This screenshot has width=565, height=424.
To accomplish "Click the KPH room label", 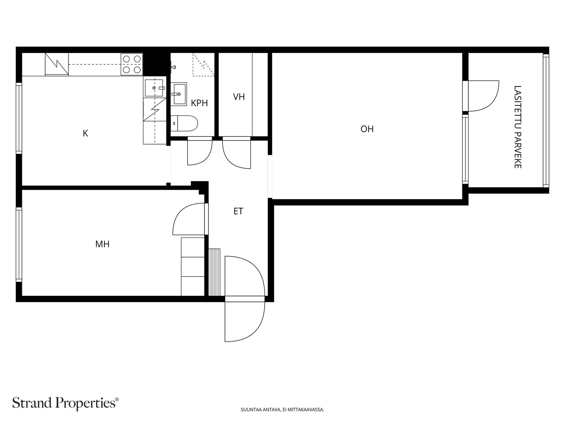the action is [x=199, y=103].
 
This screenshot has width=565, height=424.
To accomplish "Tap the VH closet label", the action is [x=239, y=97].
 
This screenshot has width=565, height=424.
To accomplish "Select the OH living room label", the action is [x=367, y=129].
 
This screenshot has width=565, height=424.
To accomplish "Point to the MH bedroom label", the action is [x=102, y=244].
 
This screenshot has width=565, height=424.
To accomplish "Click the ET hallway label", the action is [x=238, y=211].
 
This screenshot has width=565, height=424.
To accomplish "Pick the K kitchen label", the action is [x=85, y=133].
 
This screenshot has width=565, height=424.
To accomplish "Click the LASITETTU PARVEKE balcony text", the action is [x=517, y=127].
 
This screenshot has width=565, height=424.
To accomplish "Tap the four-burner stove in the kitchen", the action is [x=132, y=64].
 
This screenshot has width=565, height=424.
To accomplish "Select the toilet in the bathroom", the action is [x=184, y=123].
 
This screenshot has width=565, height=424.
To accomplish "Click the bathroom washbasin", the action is [x=179, y=94].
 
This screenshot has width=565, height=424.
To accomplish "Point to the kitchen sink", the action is [x=154, y=88].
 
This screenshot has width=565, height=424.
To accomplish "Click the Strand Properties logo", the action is [x=66, y=403].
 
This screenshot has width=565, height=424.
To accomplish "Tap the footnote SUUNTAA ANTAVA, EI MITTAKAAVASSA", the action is [x=282, y=410].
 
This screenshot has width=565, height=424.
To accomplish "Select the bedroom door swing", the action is [x=189, y=219].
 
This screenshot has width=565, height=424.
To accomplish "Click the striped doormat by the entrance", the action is [x=214, y=272].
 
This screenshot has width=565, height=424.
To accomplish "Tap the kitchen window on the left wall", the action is [x=19, y=118].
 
